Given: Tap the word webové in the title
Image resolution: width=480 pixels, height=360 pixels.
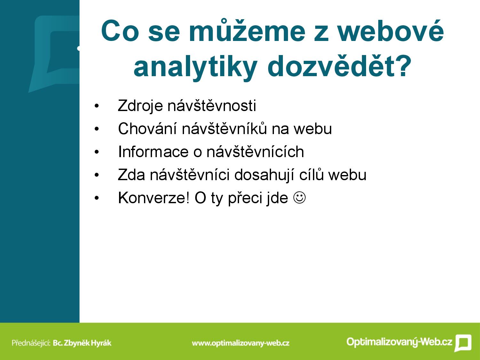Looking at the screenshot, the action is pos(390,31).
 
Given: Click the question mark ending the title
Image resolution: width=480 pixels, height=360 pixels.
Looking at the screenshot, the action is pos(404,65).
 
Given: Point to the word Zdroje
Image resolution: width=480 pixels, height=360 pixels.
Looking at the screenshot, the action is pos(140,106).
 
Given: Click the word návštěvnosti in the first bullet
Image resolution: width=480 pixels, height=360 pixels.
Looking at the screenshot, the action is pos(212,106).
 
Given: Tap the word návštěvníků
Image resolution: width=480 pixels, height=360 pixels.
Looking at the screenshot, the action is pos(224,129).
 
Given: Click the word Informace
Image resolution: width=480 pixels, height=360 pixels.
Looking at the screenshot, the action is pos(153,152).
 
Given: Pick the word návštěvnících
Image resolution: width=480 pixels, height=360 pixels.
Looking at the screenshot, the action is pos(255,151).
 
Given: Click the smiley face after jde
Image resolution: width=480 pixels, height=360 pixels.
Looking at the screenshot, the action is pos(300,198).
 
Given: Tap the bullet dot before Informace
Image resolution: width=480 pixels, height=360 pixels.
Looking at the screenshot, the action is pos(97,152).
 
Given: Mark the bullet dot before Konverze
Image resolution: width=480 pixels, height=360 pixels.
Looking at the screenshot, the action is pos(97,198).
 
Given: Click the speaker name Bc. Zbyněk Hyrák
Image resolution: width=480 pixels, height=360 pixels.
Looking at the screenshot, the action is pos(82,343).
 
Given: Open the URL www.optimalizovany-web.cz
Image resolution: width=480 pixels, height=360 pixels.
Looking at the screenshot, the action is pos(241,343).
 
